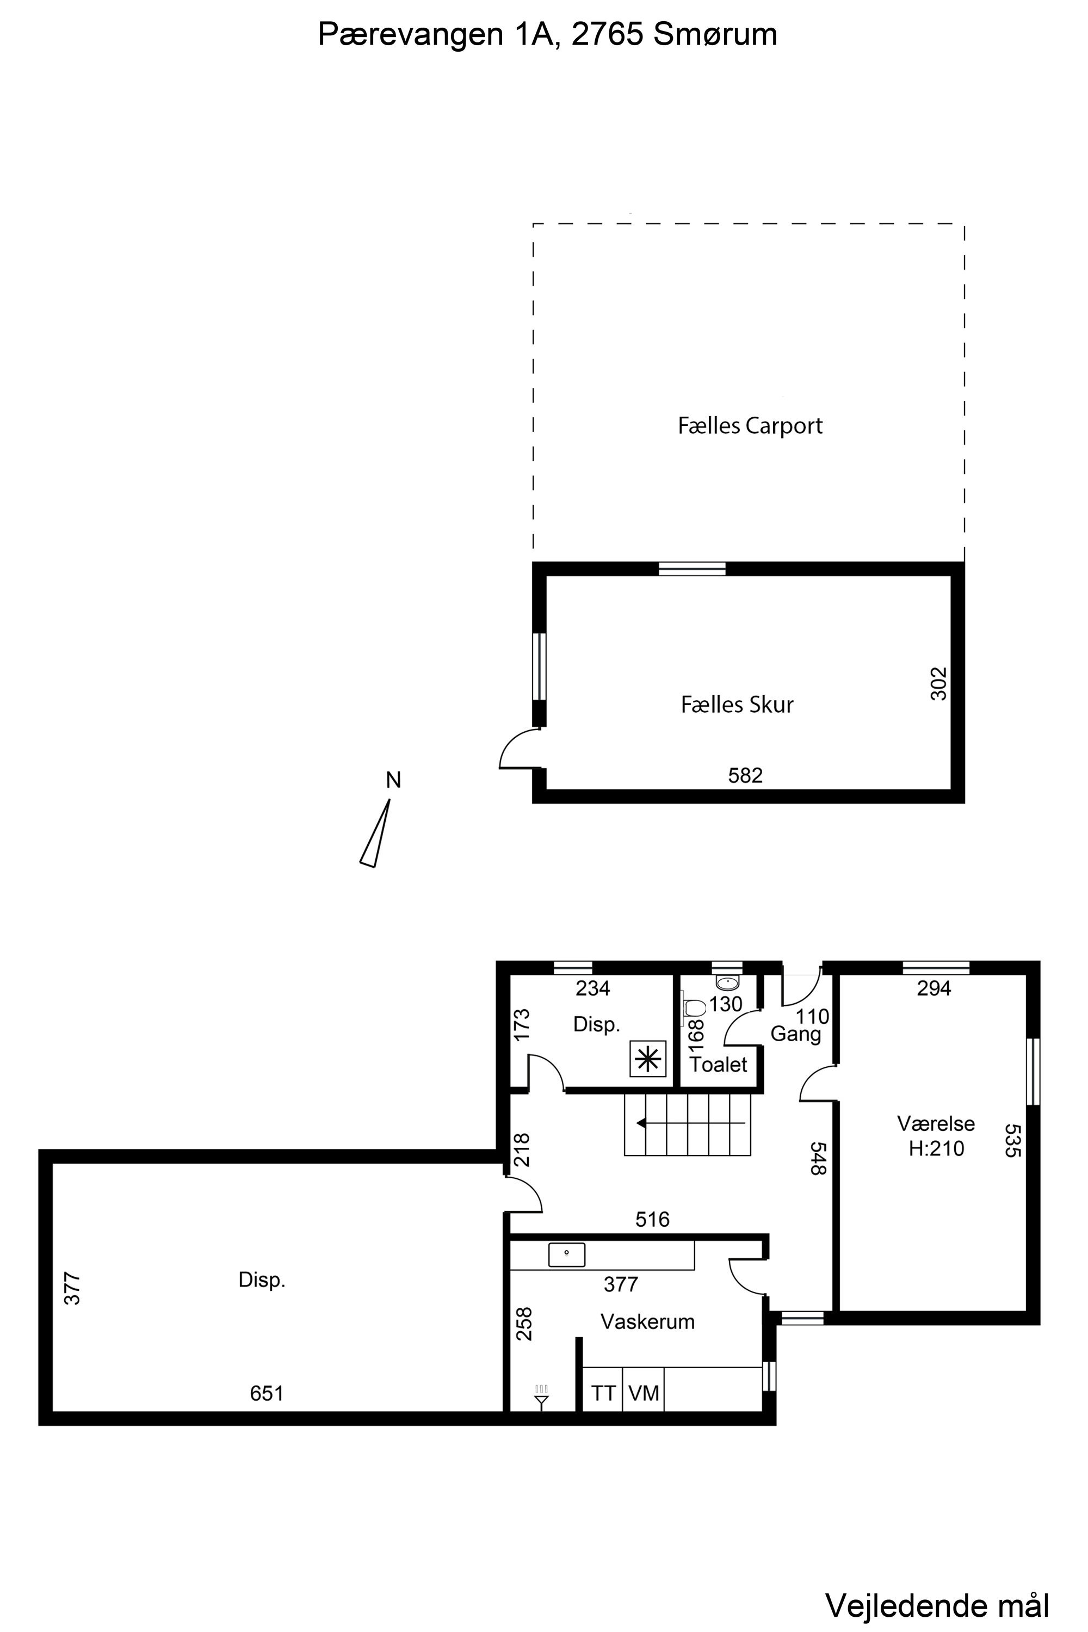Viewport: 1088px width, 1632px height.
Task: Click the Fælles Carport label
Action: click(x=750, y=425)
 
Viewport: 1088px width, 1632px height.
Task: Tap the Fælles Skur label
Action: click(x=737, y=704)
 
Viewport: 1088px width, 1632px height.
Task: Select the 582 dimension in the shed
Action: click(x=745, y=775)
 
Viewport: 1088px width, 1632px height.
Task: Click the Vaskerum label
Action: click(x=647, y=1321)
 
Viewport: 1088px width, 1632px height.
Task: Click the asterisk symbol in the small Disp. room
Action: click(x=648, y=1059)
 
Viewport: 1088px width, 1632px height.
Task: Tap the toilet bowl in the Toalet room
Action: click(x=695, y=1007)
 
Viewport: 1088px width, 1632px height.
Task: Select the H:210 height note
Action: click(x=936, y=1148)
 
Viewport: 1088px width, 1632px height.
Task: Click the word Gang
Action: click(x=795, y=1035)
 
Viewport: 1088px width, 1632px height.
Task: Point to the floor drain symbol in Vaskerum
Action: click(x=542, y=1396)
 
